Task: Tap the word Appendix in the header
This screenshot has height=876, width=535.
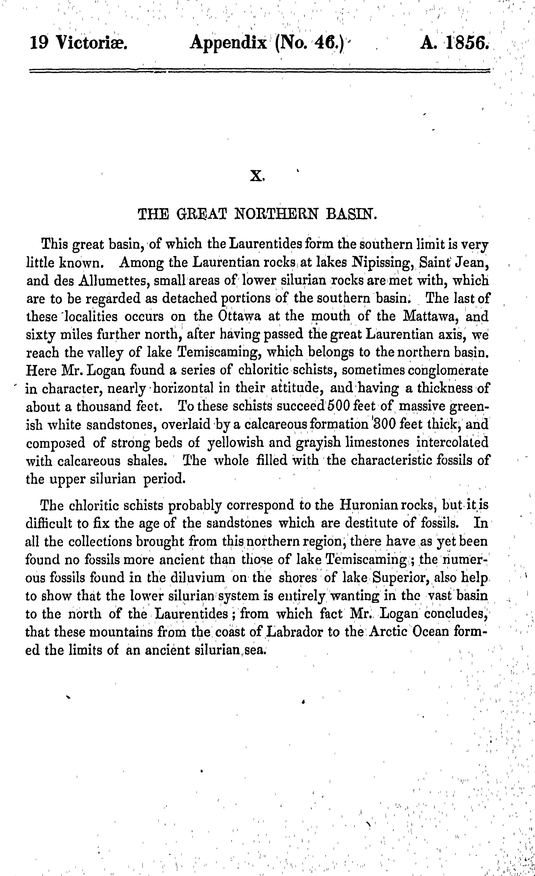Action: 228,44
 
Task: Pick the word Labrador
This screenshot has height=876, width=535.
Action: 291,632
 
